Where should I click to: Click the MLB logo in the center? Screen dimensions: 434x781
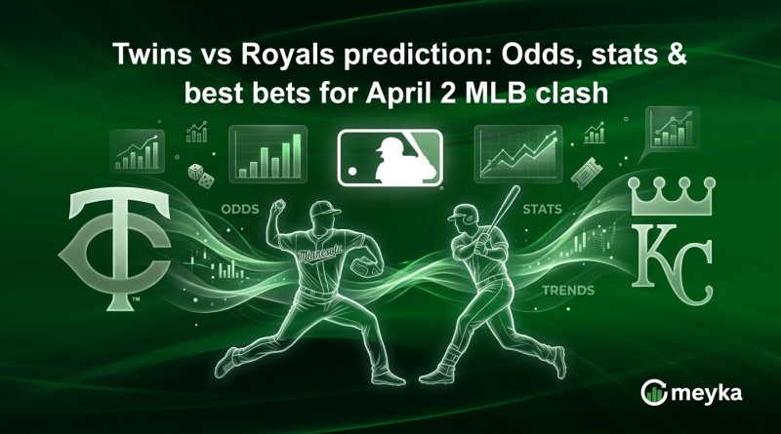click(x=390, y=159)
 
